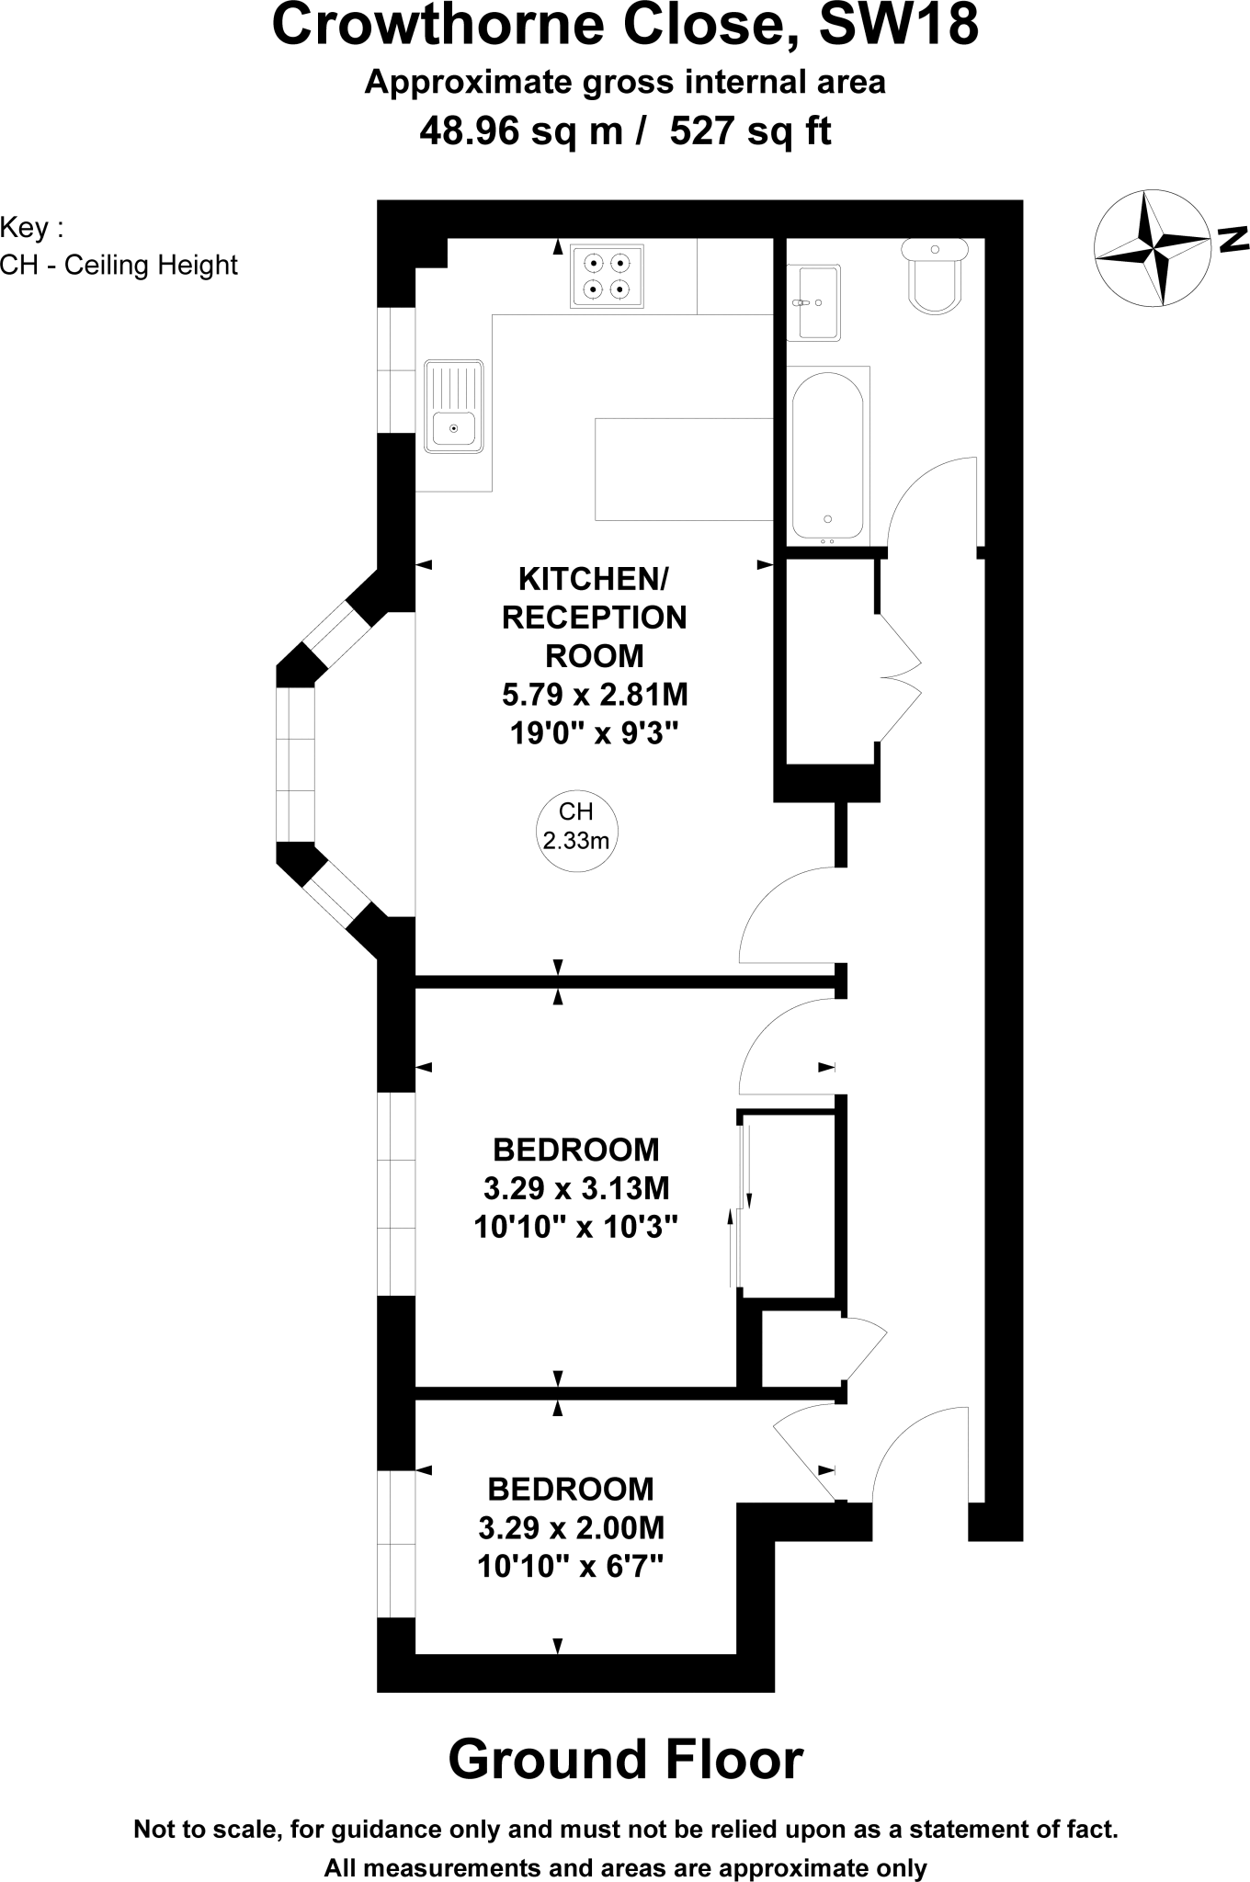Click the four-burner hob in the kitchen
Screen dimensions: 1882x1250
coord(607,276)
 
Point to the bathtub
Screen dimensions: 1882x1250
coord(827,455)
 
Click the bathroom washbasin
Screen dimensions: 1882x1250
coord(813,302)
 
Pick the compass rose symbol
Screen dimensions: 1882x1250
coord(1153,248)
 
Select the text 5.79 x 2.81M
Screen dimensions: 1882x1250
coord(595,695)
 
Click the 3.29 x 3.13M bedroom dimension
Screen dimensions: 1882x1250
coord(576,1188)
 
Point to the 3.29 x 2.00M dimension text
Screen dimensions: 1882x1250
coord(571,1527)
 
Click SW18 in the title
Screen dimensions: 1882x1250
coord(898,26)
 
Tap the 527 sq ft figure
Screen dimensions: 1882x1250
coord(750,131)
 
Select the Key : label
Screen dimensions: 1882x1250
coord(33,227)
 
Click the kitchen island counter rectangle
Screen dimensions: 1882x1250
coord(684,469)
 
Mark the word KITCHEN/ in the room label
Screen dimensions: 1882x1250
coord(594,579)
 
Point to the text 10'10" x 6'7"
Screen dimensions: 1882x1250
coord(570,1566)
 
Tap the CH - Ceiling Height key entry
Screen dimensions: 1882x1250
coord(119,266)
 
